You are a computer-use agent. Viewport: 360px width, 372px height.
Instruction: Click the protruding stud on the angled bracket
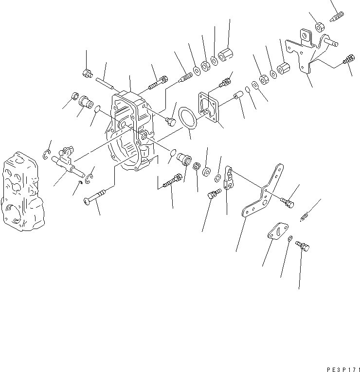click(332, 44)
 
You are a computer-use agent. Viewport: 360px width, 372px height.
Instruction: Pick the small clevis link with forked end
click(228, 177)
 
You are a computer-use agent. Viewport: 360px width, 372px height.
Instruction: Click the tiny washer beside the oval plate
click(290, 239)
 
